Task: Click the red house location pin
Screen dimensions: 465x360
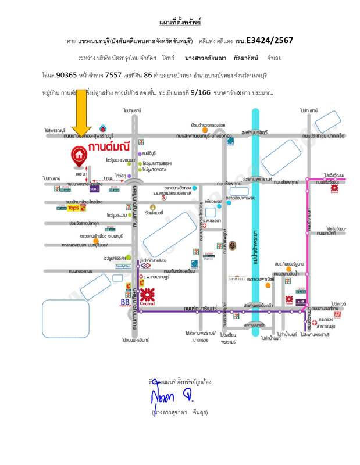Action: coord(77,155)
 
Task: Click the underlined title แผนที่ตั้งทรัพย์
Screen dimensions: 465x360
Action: coord(180,23)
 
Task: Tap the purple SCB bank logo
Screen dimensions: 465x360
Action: coord(93,188)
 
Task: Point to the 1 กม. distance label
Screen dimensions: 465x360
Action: coord(108,177)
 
